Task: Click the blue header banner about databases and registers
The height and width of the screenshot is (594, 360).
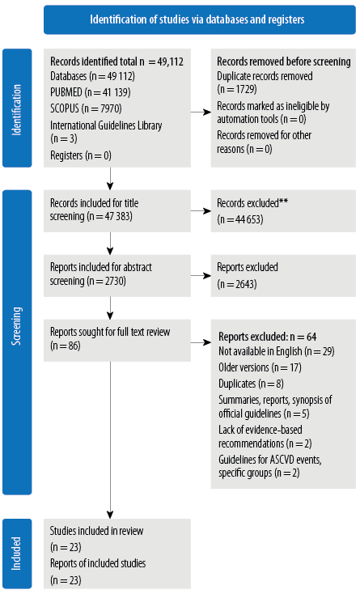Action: pos(200,19)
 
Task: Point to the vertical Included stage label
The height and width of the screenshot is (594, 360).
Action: pos(17,554)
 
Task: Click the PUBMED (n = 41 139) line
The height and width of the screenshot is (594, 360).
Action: pos(91,92)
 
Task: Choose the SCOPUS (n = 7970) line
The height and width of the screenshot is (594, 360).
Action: pos(86,108)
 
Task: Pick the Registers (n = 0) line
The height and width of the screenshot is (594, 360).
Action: pos(81,155)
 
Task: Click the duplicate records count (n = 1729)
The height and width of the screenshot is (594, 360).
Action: pos(237,89)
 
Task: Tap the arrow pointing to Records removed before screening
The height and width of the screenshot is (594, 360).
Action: pos(201,112)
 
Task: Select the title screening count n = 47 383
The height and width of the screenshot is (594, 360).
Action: pos(110,217)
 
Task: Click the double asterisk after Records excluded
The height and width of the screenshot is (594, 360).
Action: pos(283,202)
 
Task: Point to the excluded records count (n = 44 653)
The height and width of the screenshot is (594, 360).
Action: pos(240,220)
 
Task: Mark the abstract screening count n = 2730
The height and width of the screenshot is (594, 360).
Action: pos(106,281)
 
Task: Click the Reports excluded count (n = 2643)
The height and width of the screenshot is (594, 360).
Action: pos(237,284)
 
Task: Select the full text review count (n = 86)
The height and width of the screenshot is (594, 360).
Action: pos(66,346)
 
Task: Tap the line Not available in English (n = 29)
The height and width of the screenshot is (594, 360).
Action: pos(277,351)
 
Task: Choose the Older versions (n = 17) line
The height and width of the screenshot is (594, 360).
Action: pos(260,367)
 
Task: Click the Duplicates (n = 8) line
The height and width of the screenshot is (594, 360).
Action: pos(251,384)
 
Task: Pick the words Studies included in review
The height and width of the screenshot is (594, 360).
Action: pos(97,531)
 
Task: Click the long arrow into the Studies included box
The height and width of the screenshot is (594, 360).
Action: pos(110,439)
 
